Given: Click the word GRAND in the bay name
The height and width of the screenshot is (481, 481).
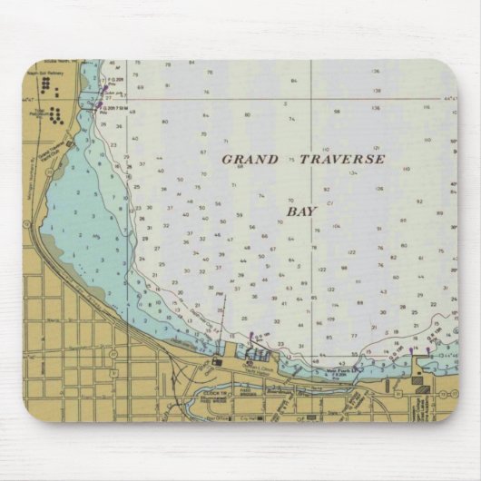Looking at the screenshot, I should (x=250, y=159).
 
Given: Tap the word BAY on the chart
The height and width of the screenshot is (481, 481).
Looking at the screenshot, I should (x=301, y=211).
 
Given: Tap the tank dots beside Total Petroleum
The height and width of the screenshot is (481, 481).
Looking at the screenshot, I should (x=56, y=115).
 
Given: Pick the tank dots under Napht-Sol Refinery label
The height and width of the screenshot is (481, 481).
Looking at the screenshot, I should (x=46, y=85).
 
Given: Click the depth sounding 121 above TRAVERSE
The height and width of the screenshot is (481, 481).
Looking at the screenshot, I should (x=376, y=147).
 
